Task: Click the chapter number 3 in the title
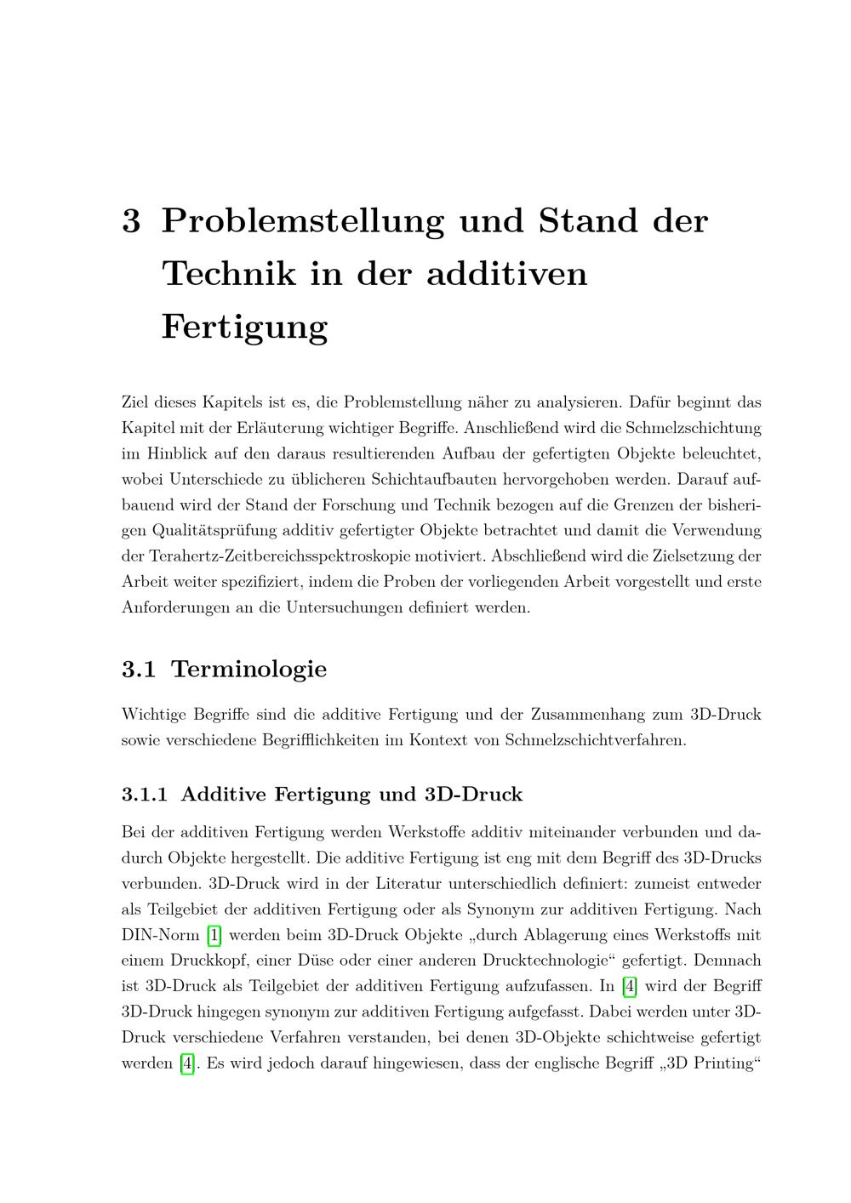click(x=131, y=221)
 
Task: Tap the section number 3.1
click(x=138, y=670)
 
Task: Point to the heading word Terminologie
click(x=249, y=670)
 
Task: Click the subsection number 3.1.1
click(x=145, y=795)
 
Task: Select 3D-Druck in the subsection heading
click(x=473, y=795)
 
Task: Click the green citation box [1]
click(x=214, y=935)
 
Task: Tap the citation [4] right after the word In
click(x=630, y=987)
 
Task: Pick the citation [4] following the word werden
click(x=188, y=1063)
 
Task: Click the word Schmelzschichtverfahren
click(x=594, y=740)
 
